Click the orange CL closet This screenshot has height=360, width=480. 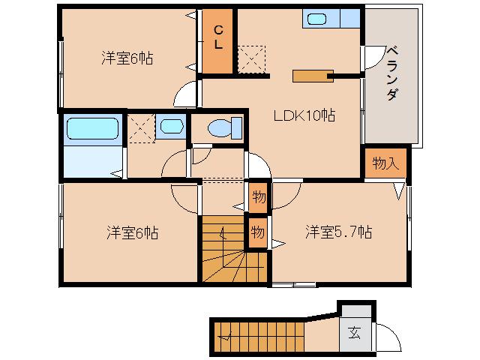click(x=217, y=41)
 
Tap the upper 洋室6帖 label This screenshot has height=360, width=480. click(x=127, y=58)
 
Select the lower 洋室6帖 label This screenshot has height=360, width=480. click(x=130, y=232)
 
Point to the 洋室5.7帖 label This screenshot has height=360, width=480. click(x=337, y=232)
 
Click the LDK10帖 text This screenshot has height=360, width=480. click(x=303, y=115)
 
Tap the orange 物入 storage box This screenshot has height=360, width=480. click(x=386, y=163)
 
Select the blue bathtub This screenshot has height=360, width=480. click(x=93, y=128)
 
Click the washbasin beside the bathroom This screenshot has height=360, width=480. click(x=172, y=127)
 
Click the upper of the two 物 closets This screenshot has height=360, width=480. click(x=258, y=196)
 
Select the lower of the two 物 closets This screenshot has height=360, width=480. click(x=258, y=232)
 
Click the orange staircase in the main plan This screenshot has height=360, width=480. click(x=232, y=251)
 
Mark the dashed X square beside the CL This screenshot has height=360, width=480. click(x=250, y=58)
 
